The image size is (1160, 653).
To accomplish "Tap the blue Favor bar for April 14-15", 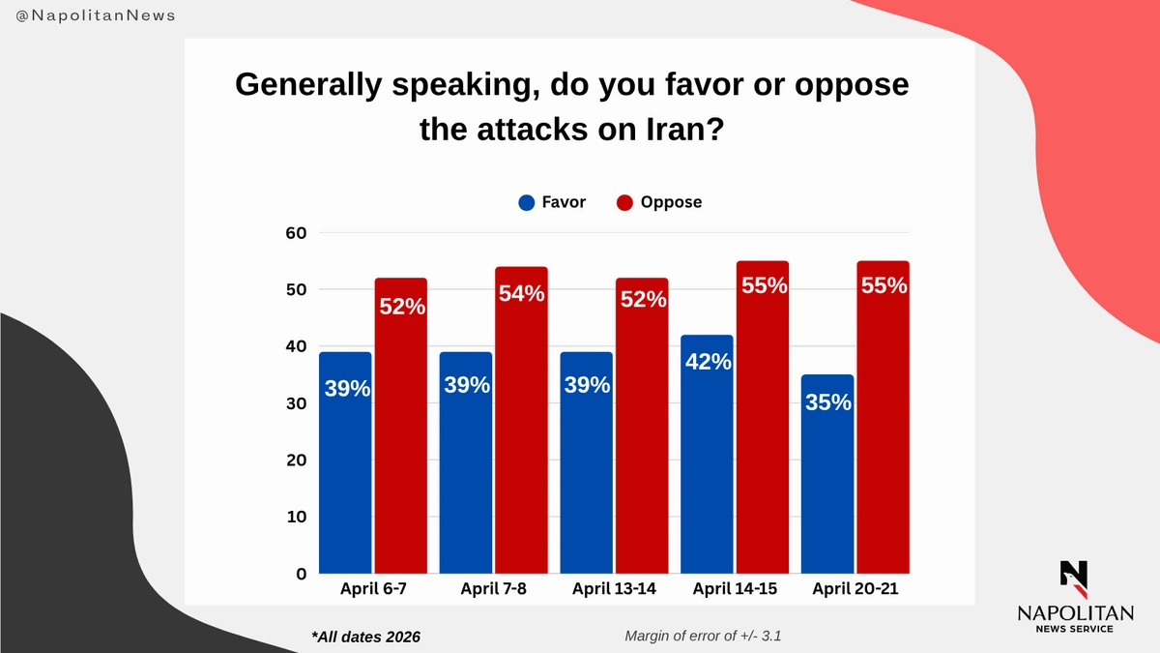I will click(x=707, y=455).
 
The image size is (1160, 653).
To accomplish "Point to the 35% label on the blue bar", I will click(x=828, y=401).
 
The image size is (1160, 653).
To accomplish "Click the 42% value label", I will click(x=708, y=362).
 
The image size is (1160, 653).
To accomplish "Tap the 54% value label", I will click(x=522, y=293).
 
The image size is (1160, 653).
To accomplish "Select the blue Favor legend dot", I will click(x=527, y=203).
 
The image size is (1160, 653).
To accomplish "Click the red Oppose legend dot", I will click(x=624, y=203).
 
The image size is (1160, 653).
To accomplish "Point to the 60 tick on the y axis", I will click(x=295, y=233).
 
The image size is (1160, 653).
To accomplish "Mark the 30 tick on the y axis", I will click(x=295, y=403).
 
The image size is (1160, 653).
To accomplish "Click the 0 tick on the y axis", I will click(x=301, y=574).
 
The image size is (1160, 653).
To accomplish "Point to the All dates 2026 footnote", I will click(x=366, y=637).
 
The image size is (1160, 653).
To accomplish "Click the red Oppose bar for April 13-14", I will click(x=642, y=426).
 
